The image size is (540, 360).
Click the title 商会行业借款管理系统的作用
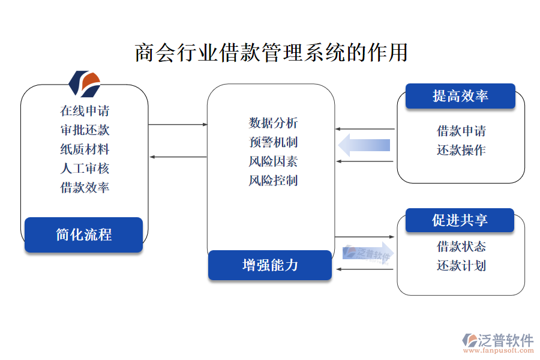pyautogui.click(x=271, y=53)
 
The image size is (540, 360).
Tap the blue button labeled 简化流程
pyautogui.click(x=83, y=235)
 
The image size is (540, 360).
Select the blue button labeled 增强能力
pyautogui.click(x=270, y=265)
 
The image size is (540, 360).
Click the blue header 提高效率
pyautogui.click(x=460, y=96)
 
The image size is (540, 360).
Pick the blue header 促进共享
pyautogui.click(x=460, y=220)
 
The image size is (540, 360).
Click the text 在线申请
pyautogui.click(x=85, y=110)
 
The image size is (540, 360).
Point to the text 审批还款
pyautogui.click(x=85, y=130)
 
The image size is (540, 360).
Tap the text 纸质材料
pyautogui.click(x=85, y=149)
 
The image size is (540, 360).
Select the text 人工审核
pyautogui.click(x=85, y=168)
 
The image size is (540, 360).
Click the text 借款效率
pyautogui.click(x=85, y=187)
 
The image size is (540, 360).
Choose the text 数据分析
pyautogui.click(x=273, y=123)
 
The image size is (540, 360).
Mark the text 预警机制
pyautogui.click(x=273, y=142)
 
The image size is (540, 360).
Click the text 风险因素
pyautogui.click(x=273, y=161)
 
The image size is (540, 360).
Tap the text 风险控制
pyautogui.click(x=273, y=181)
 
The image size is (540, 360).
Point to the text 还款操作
pyautogui.click(x=461, y=150)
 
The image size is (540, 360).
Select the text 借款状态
pyautogui.click(x=461, y=246)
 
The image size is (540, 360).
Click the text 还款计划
pyautogui.click(x=461, y=265)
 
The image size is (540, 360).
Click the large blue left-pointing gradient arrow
pyautogui.click(x=364, y=145)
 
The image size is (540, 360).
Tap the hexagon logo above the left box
pyautogui.click(x=84, y=83)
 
